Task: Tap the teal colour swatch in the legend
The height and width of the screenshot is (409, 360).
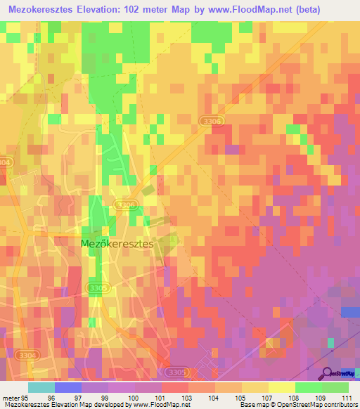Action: pyautogui.click(x=41, y=387)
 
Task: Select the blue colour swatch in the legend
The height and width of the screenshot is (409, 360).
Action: pyautogui.click(x=67, y=387)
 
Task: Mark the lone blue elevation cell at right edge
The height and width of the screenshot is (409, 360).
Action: pyautogui.click(x=350, y=311)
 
